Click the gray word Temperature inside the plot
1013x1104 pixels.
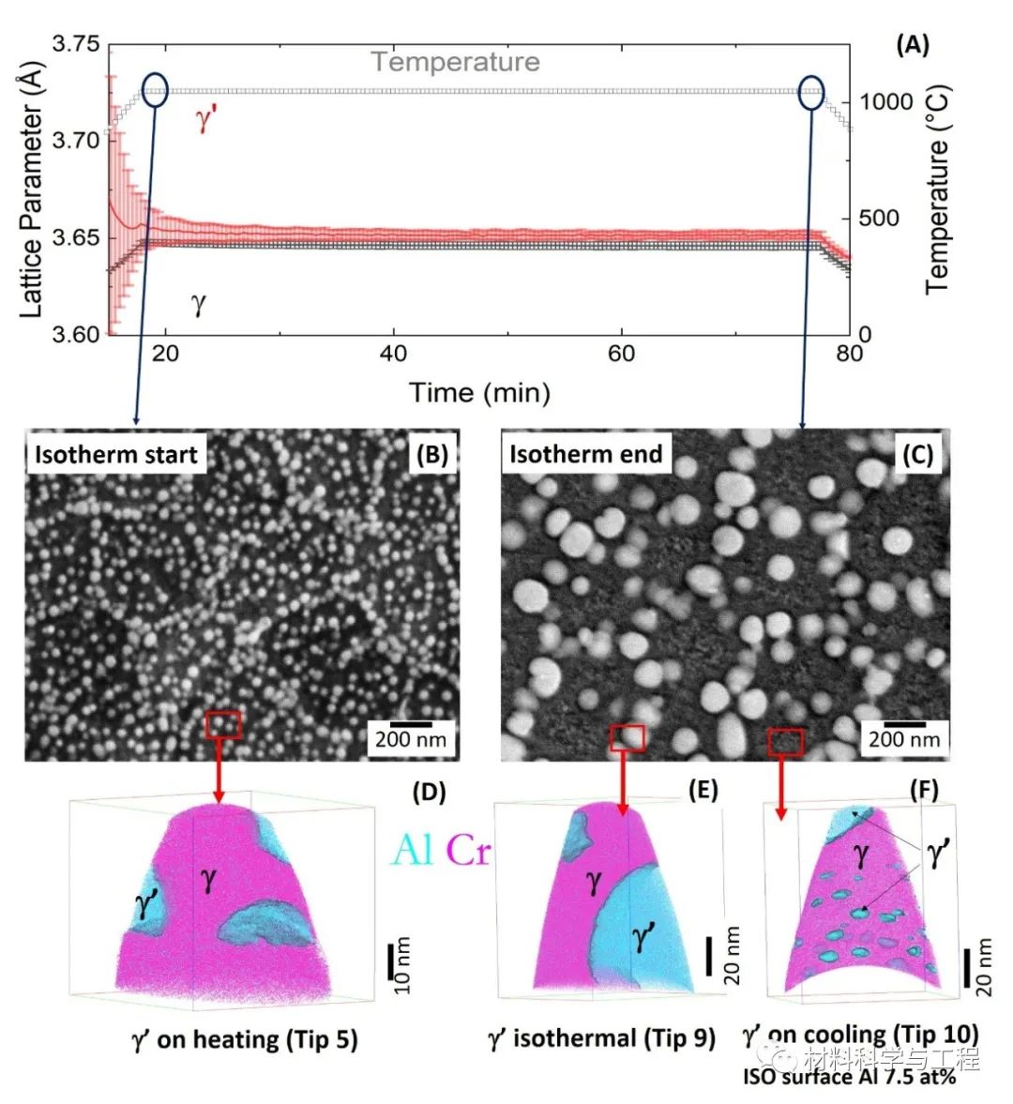pyautogui.click(x=455, y=62)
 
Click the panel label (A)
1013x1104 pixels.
pyautogui.click(x=912, y=45)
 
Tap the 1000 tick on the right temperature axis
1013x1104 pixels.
pyautogui.click(x=886, y=101)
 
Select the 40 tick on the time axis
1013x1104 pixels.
pyautogui.click(x=393, y=354)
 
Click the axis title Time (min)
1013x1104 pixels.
pyautogui.click(x=479, y=392)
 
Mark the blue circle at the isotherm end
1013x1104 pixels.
pyautogui.click(x=811, y=92)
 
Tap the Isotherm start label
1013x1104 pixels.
pyautogui.click(x=115, y=455)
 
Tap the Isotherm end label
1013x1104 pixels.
pyautogui.click(x=585, y=455)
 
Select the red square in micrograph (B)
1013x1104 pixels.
pyautogui.click(x=223, y=723)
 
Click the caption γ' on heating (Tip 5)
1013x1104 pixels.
pyautogui.click(x=245, y=1039)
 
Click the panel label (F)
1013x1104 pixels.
pyautogui.click(x=923, y=790)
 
